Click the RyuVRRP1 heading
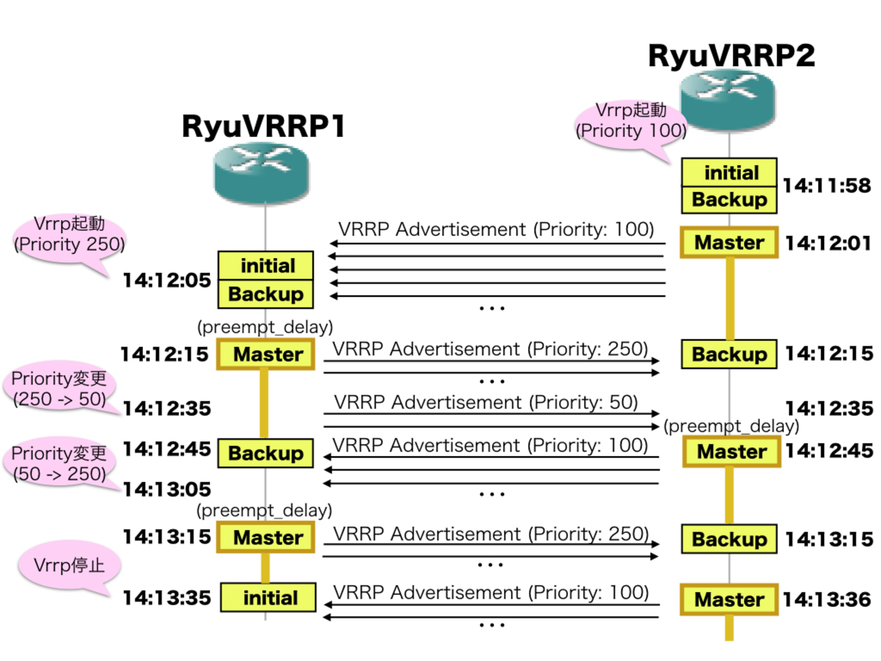click(264, 126)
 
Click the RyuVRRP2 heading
click(731, 56)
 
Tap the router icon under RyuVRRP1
click(262, 174)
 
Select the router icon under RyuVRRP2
click(728, 100)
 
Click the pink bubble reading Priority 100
click(630, 122)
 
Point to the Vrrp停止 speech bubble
click(69, 565)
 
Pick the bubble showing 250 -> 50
click(60, 388)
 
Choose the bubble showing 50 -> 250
click(60, 464)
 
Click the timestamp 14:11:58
click(827, 186)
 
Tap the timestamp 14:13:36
click(827, 599)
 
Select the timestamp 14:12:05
click(167, 280)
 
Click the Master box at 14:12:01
click(729, 242)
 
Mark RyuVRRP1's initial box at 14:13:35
click(269, 598)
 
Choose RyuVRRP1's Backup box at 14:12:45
click(266, 453)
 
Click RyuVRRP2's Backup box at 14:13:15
click(729, 539)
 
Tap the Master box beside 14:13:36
click(729, 599)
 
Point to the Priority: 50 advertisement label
click(486, 403)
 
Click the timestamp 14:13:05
click(167, 489)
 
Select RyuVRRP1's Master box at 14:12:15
click(266, 354)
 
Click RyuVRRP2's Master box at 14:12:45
click(732, 452)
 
